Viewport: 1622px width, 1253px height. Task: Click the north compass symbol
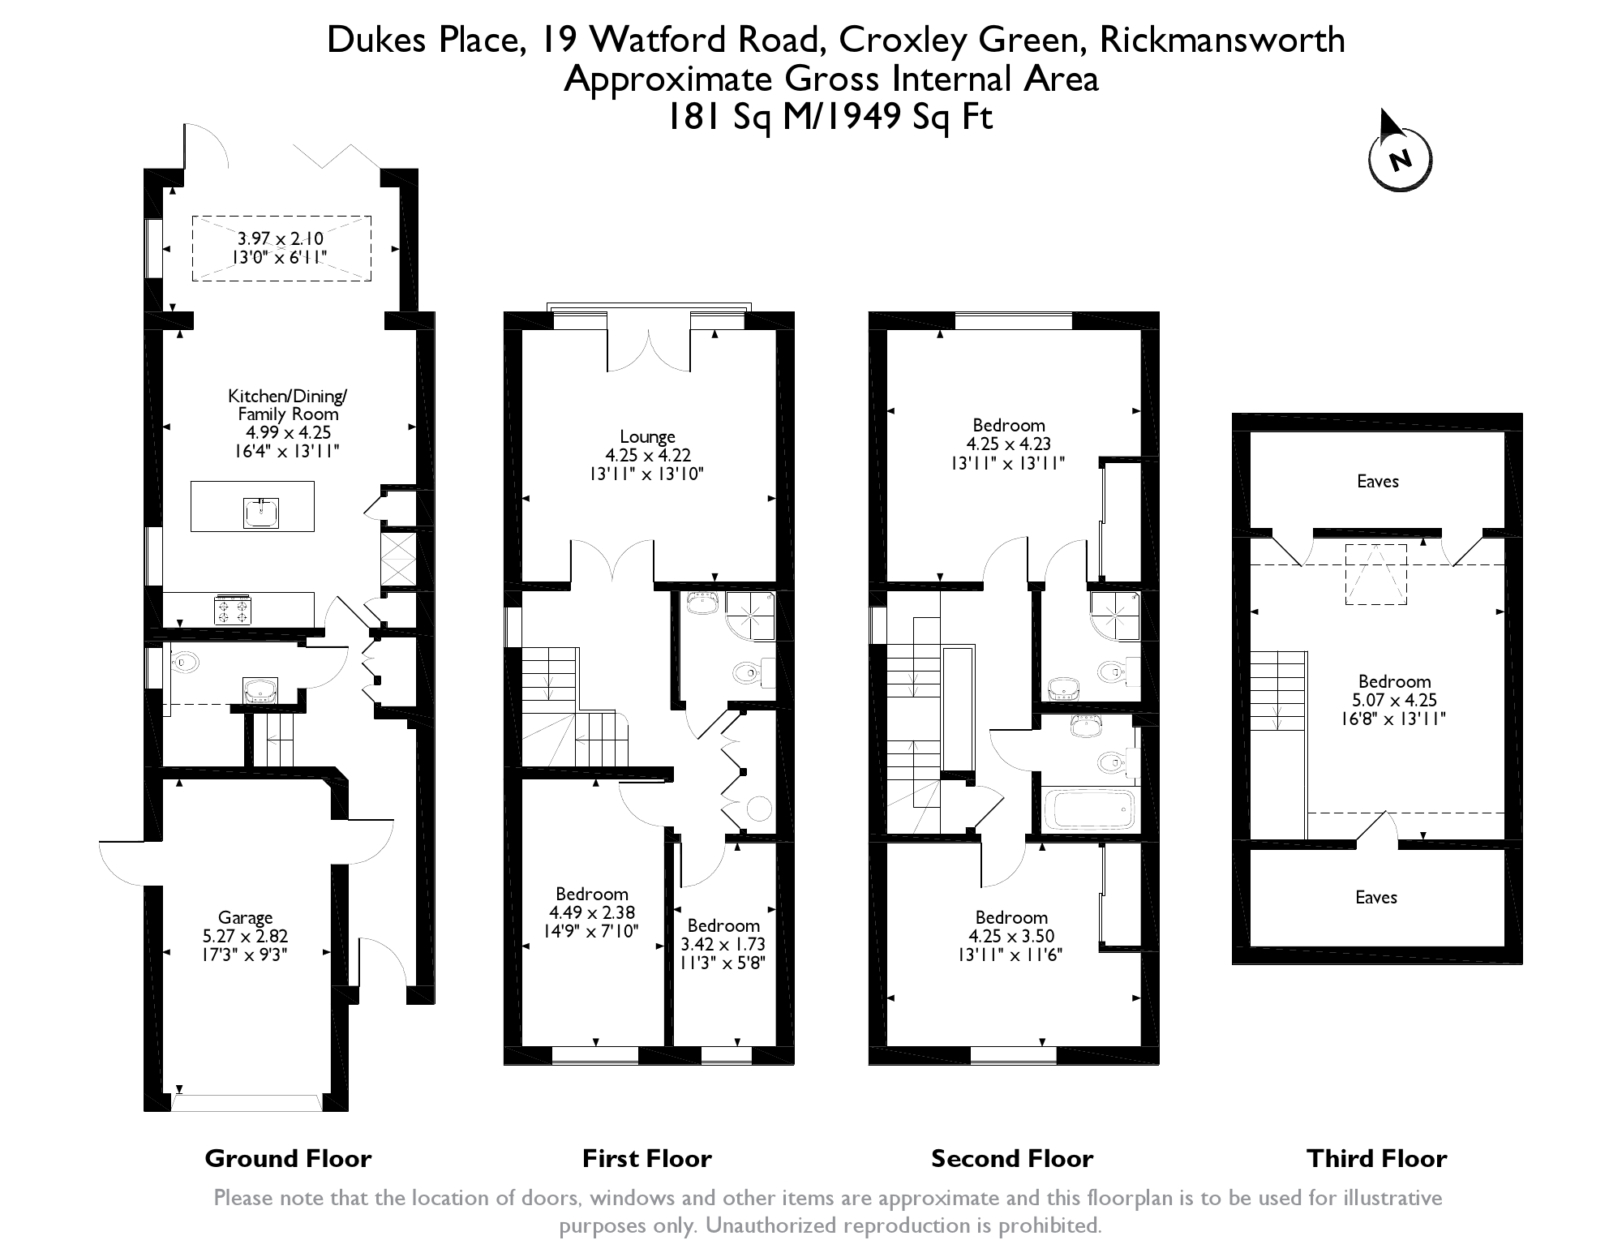[1400, 154]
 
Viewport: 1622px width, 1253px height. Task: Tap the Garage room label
[245, 918]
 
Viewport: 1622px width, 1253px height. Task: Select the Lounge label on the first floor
[647, 437]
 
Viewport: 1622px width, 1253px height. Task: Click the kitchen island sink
[260, 513]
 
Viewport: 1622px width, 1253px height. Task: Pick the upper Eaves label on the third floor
[1378, 481]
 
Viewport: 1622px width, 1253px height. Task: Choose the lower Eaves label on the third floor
[1376, 897]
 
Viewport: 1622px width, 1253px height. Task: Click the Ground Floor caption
[288, 1158]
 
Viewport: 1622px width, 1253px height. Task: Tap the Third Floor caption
[1376, 1158]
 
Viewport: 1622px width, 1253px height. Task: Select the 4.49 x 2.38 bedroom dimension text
[592, 912]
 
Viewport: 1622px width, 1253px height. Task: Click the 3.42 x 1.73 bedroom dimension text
[723, 944]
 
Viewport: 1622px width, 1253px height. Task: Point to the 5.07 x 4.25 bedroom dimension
[1395, 700]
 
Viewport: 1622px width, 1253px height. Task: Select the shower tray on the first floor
[750, 616]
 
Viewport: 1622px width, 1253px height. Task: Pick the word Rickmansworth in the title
[1222, 40]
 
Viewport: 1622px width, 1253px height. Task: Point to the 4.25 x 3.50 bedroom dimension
[1011, 936]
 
